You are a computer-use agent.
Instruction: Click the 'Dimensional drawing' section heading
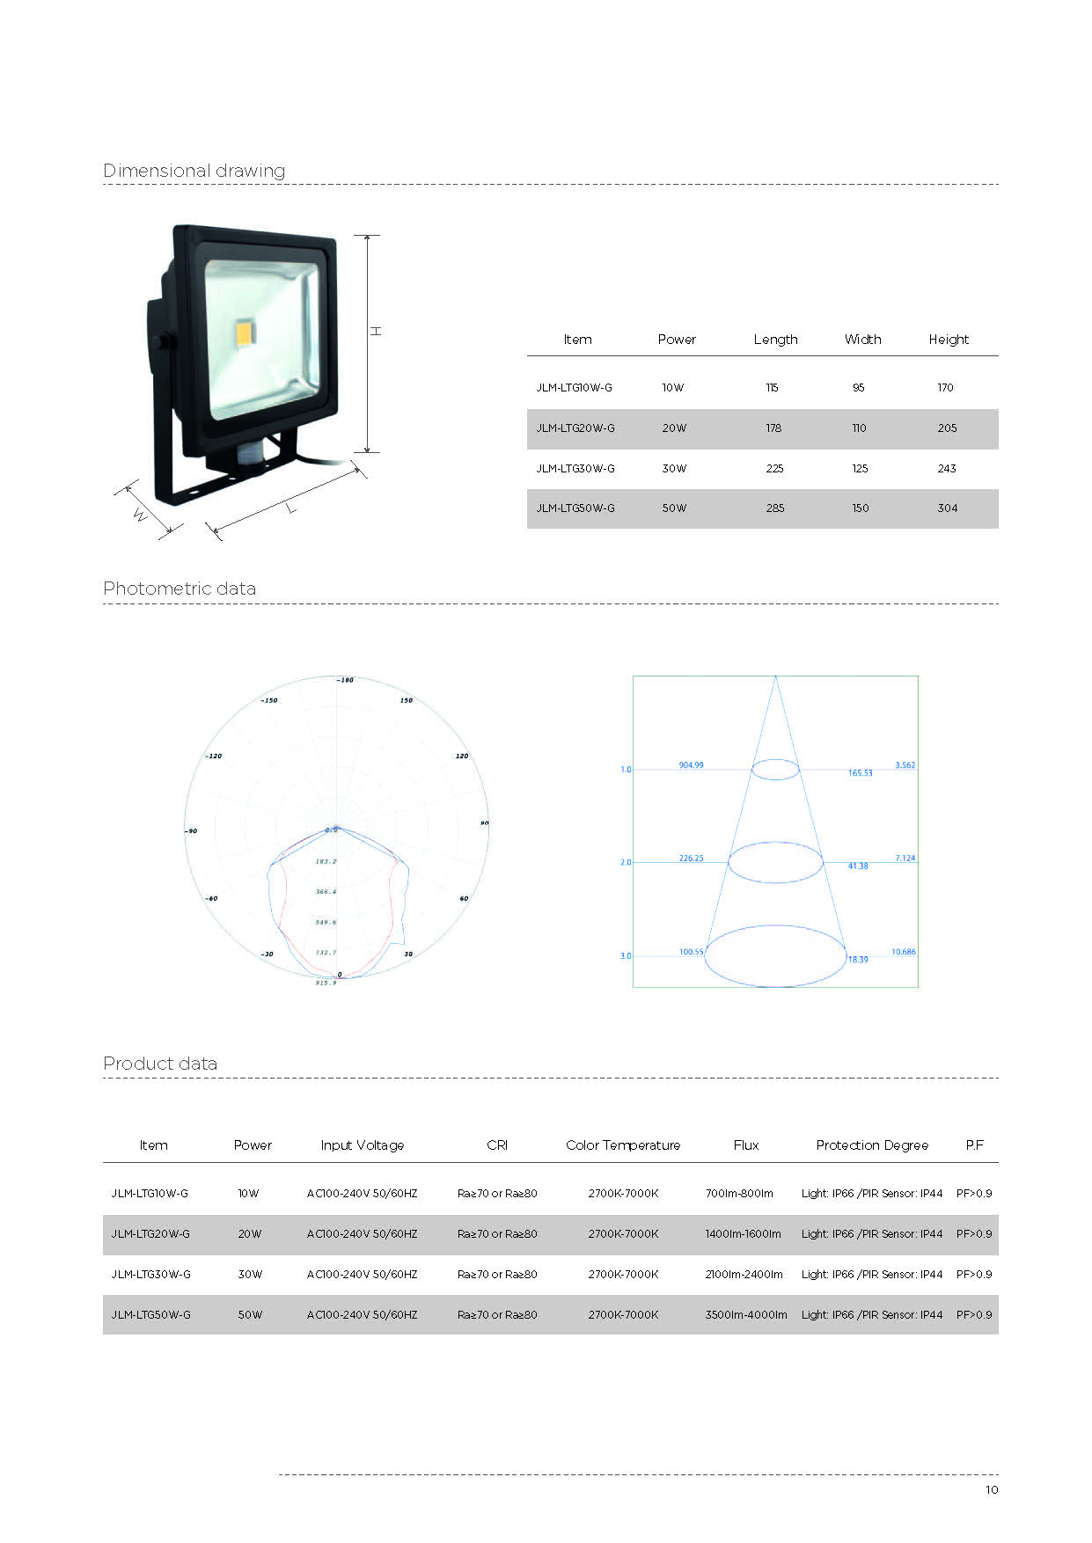tap(194, 171)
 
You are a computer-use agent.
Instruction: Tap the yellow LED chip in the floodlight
tap(243, 333)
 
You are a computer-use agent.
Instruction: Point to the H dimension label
tap(376, 331)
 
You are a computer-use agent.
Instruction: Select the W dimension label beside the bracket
tap(140, 515)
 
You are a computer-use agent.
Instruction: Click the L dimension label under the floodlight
tap(290, 508)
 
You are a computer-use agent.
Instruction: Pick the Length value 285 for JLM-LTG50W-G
tap(774, 508)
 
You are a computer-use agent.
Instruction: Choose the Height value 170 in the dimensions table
tap(945, 388)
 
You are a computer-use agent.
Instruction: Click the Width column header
tap(862, 340)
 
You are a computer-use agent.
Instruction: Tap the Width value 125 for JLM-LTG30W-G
tap(860, 469)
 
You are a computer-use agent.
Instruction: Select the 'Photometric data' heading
tap(180, 589)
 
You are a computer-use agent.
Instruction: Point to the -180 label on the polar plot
tap(345, 680)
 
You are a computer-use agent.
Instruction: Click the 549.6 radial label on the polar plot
tap(326, 922)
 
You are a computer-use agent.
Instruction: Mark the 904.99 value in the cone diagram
tap(691, 765)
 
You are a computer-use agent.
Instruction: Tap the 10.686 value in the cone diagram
tap(904, 952)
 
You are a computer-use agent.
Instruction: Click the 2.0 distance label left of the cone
tap(626, 863)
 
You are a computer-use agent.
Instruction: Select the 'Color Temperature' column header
tap(623, 1145)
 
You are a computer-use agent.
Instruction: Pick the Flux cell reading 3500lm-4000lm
tap(746, 1315)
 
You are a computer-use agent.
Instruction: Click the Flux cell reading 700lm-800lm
tap(739, 1194)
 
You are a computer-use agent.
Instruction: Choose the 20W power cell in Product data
tap(250, 1234)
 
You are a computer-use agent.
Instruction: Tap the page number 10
tap(992, 1490)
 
